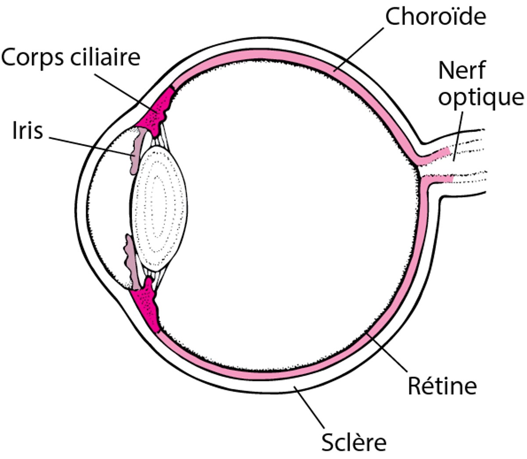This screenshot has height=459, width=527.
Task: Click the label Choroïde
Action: coord(436,17)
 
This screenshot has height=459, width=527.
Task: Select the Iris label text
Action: coord(28,131)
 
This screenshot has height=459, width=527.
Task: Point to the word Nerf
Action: coord(462,71)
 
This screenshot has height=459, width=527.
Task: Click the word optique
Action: coord(481,97)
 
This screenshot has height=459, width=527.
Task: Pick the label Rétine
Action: coord(442,386)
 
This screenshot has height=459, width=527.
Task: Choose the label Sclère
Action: coord(354,442)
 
